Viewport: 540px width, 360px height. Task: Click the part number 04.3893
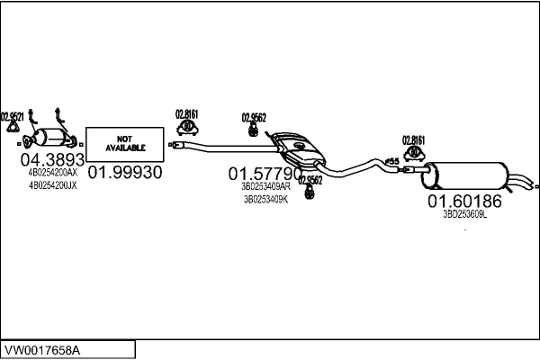46,159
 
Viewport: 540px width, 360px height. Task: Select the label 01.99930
125,173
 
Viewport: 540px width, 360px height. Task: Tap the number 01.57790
265,172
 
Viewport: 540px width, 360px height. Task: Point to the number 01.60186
464,201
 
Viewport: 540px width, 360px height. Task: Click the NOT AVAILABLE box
125,142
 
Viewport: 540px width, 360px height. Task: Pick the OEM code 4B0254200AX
53,172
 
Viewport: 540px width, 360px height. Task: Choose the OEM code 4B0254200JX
53,185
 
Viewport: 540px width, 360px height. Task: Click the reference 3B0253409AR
265,185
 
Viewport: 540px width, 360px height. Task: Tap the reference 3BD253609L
464,214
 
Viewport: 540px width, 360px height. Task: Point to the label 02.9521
13,115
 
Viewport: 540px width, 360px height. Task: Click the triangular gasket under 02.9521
13,134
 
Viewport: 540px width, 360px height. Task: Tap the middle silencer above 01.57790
301,148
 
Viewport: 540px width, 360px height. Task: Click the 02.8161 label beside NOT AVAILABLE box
186,114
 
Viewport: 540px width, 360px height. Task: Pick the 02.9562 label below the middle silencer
310,179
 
